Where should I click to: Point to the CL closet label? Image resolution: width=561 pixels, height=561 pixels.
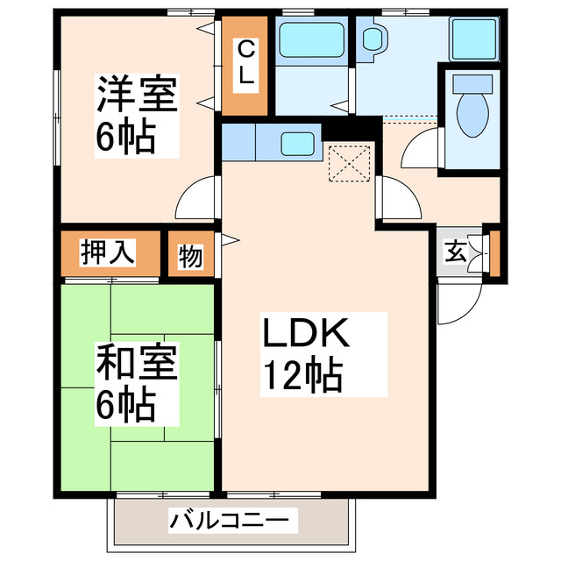(x=246, y=62)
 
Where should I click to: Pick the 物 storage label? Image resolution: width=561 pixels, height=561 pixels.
(x=190, y=256)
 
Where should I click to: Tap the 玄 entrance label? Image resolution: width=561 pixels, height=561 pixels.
(x=456, y=252)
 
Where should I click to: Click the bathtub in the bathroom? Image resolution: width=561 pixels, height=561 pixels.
(x=312, y=40)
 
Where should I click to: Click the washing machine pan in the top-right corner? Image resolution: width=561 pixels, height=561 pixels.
(x=474, y=39)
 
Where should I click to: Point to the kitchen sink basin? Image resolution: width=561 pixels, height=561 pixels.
(x=295, y=141)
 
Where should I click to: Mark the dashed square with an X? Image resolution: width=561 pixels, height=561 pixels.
(x=346, y=163)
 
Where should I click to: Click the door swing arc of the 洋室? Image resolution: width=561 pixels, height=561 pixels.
(x=195, y=200)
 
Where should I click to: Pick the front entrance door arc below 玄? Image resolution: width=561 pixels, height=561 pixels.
(x=457, y=303)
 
